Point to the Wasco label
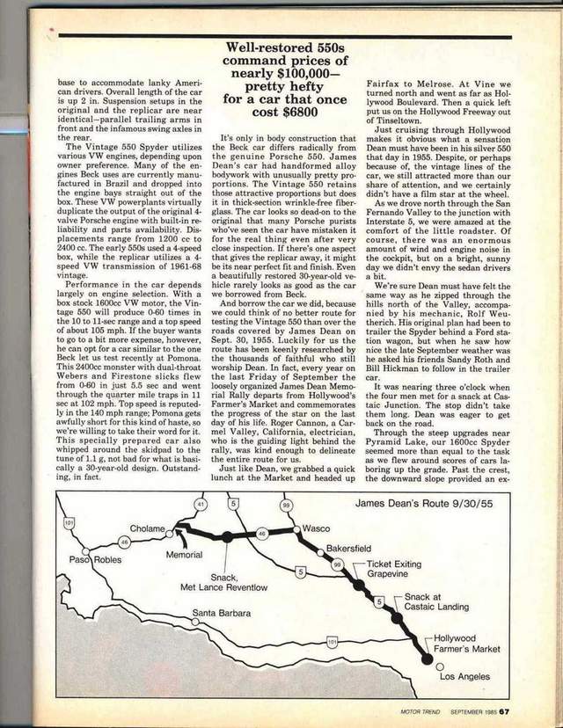(x=315, y=529)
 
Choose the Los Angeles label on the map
(x=468, y=678)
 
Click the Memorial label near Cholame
(x=184, y=555)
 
